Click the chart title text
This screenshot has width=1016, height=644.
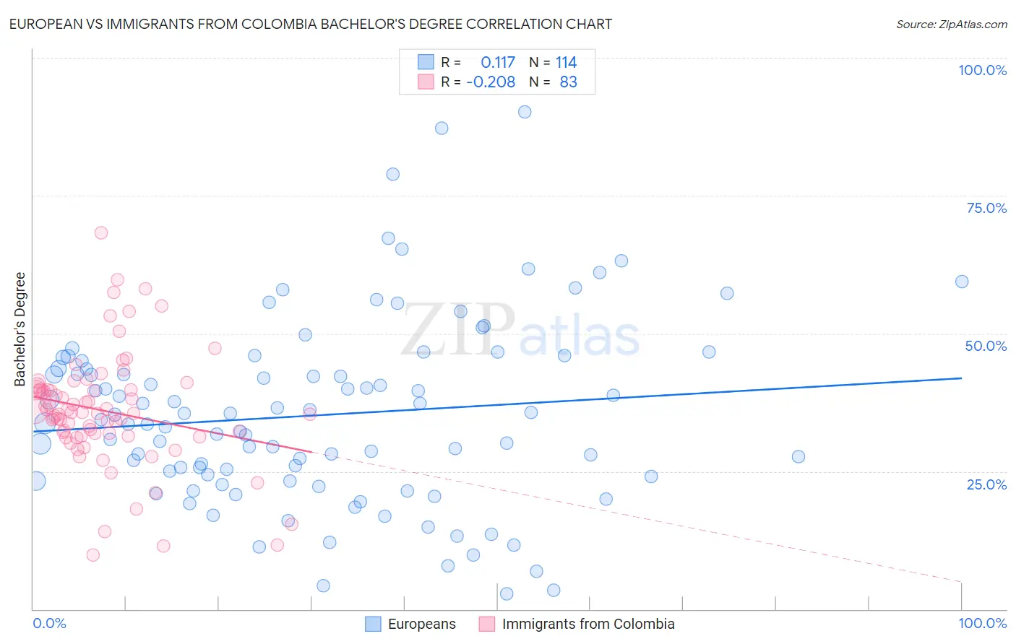(311, 25)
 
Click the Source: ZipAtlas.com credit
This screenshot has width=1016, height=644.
(951, 25)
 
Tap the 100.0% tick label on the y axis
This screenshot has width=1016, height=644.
(982, 70)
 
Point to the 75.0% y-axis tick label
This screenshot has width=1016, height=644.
(986, 208)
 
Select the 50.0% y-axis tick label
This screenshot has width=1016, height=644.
(986, 346)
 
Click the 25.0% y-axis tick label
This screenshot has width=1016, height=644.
(986, 484)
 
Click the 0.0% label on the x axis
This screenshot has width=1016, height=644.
(49, 623)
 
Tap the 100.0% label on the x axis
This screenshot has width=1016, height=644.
(982, 623)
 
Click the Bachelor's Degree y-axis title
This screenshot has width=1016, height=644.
(20, 329)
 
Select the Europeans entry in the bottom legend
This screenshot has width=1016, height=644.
(421, 624)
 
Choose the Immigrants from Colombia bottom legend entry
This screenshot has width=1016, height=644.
(587, 624)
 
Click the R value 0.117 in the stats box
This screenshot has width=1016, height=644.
(498, 63)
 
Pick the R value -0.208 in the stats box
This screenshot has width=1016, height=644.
(491, 82)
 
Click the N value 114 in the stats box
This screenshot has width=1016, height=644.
(566, 63)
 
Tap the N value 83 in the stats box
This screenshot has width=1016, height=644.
(568, 82)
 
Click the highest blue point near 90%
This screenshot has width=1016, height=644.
(525, 112)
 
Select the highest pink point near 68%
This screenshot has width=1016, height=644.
(101, 232)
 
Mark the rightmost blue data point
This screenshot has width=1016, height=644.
(962, 282)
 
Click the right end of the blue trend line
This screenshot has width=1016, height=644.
(961, 378)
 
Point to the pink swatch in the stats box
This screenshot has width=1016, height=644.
(426, 82)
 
